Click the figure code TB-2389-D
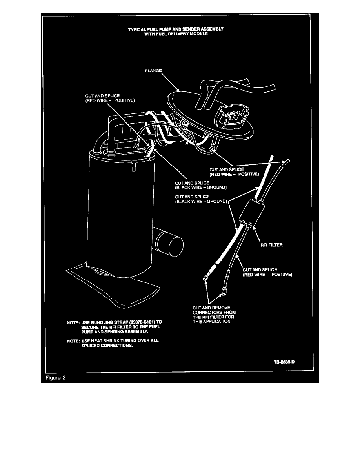point(284,362)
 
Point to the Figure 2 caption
point(55,378)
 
